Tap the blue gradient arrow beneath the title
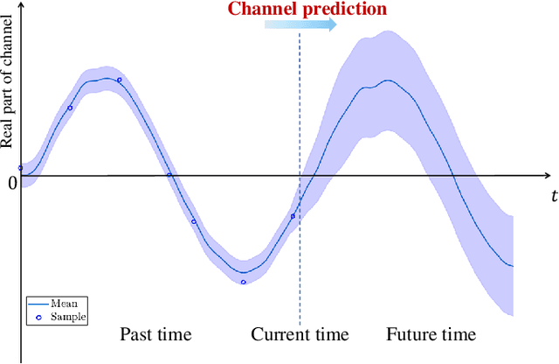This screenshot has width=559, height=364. tap(300, 25)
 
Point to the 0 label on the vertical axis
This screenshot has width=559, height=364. tap(12, 183)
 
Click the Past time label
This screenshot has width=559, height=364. tap(155, 334)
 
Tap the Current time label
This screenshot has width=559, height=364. tap(300, 334)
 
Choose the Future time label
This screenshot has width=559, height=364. tap(431, 334)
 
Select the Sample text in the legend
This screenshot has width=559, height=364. tap(67, 317)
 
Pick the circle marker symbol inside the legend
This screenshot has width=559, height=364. tap(38, 317)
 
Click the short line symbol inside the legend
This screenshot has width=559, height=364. tap(38, 303)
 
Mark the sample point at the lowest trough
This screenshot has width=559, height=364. tap(243, 282)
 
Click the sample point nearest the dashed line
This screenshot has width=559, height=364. tap(293, 216)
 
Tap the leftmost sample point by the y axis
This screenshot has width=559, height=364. tap(21, 167)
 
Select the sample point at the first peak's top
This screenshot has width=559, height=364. tap(119, 80)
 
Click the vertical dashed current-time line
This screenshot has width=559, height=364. tap(300, 262)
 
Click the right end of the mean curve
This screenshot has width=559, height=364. tap(512, 265)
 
